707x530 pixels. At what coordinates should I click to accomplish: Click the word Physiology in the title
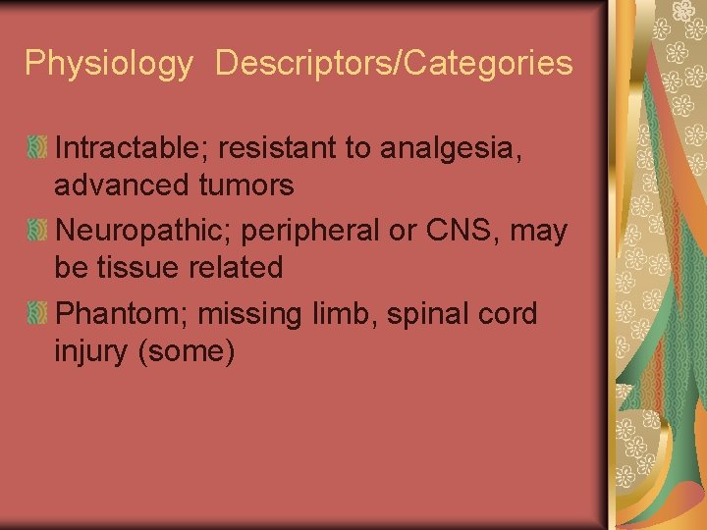(109, 64)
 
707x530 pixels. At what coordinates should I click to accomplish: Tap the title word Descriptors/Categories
(394, 64)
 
